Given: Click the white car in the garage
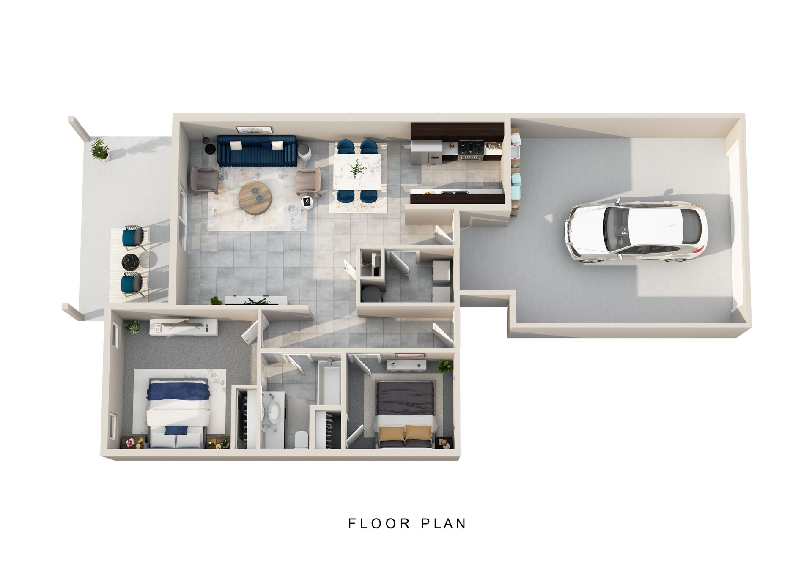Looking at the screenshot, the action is (635, 230).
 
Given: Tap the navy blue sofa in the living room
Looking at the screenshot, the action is (257, 151).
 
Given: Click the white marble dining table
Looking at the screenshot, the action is (357, 172).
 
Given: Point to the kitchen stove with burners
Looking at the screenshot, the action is (471, 150).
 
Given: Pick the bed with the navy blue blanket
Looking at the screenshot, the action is (178, 413).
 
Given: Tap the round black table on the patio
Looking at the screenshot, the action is (131, 262).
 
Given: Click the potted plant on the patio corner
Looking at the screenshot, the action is (100, 149).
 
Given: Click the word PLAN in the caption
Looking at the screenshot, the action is (444, 524).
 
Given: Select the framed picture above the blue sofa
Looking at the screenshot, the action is (255, 130).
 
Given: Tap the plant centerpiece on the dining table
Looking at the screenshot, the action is (357, 169).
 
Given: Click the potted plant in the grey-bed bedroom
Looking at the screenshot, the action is (445, 366).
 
